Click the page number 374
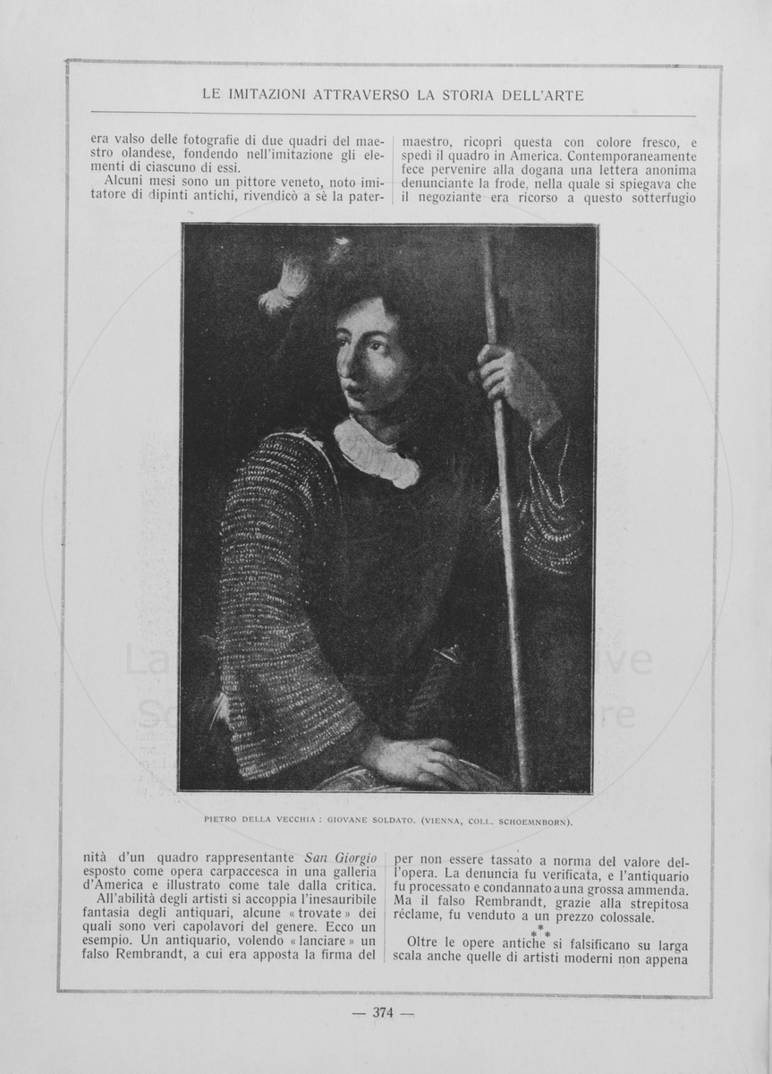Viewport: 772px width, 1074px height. pyautogui.click(x=384, y=1013)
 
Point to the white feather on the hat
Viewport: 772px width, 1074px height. pyautogui.click(x=284, y=285)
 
